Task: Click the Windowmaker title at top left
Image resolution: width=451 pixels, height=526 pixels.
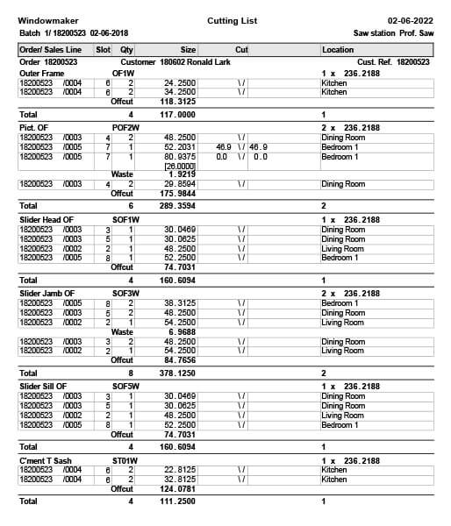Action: point(46,19)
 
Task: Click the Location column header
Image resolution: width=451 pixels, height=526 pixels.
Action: point(338,50)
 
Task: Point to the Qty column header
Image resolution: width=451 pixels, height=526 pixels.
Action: point(127,50)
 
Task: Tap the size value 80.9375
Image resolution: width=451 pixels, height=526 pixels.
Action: point(180,156)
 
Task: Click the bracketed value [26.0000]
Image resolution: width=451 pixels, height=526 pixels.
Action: point(180,166)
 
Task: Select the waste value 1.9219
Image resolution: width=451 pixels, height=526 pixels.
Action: point(182,174)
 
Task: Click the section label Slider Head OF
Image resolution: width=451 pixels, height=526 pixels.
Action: point(47,219)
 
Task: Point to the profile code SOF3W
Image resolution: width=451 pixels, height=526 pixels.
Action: point(127,293)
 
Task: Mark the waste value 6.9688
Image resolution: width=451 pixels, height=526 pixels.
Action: point(182,332)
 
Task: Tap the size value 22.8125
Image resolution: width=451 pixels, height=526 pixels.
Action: point(180,469)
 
